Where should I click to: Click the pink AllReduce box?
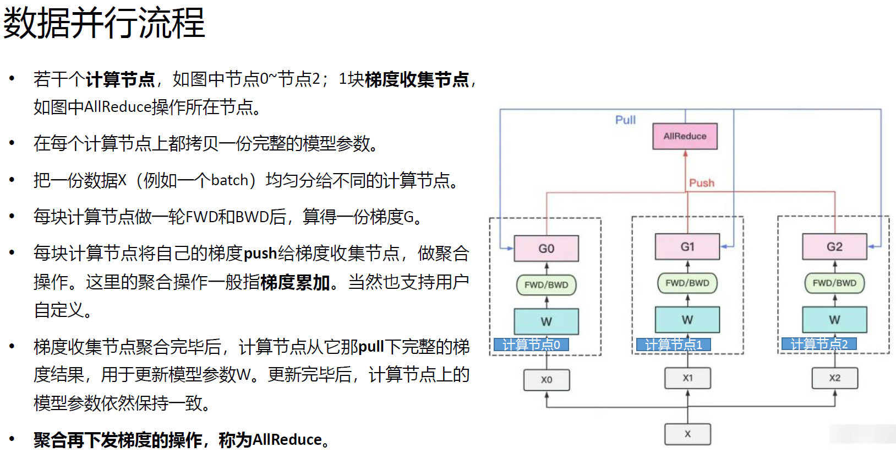(685, 136)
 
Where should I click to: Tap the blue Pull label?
(625, 120)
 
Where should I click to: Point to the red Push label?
(702, 182)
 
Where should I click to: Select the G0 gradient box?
(547, 249)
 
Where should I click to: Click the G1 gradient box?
(687, 247)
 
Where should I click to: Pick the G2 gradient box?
(835, 247)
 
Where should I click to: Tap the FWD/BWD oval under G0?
(547, 285)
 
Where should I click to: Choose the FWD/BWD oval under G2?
(835, 283)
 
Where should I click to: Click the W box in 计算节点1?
(687, 320)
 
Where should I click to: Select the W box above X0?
(547, 321)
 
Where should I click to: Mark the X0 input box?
(547, 379)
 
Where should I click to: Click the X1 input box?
(687, 378)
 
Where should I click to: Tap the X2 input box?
(835, 378)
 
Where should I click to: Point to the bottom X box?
(687, 434)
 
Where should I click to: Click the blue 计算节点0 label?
(531, 345)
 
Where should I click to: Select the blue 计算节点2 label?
(819, 344)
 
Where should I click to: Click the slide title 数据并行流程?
(104, 23)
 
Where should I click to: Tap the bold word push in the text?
(260, 254)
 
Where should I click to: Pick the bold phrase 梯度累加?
(295, 282)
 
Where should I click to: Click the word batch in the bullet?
(230, 180)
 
